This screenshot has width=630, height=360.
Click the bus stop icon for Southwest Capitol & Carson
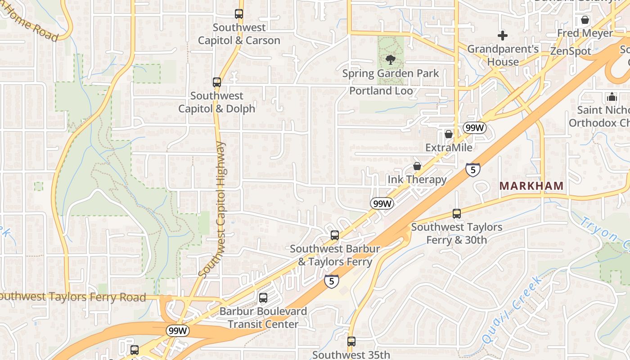(239, 14)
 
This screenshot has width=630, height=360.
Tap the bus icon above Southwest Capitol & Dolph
(217, 82)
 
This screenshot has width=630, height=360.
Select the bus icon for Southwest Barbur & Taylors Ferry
(335, 235)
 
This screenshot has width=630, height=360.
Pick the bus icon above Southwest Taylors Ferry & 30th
(457, 214)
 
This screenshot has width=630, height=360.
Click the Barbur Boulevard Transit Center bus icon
(263, 298)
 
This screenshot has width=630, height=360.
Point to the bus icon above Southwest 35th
(351, 342)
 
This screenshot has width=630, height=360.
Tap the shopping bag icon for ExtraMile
(449, 134)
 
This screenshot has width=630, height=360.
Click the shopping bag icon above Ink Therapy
(417, 166)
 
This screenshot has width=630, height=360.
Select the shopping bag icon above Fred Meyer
(585, 20)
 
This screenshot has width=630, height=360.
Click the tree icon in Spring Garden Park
(391, 59)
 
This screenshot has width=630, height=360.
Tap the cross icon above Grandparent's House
(503, 35)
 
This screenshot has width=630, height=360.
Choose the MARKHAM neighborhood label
(531, 186)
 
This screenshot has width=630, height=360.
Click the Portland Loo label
(381, 91)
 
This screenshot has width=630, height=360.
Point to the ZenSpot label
(571, 51)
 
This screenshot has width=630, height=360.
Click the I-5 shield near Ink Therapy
(472, 170)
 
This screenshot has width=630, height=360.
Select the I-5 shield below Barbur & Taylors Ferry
(332, 281)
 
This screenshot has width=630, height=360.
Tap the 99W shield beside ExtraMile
(475, 128)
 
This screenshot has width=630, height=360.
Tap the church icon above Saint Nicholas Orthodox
(612, 97)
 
